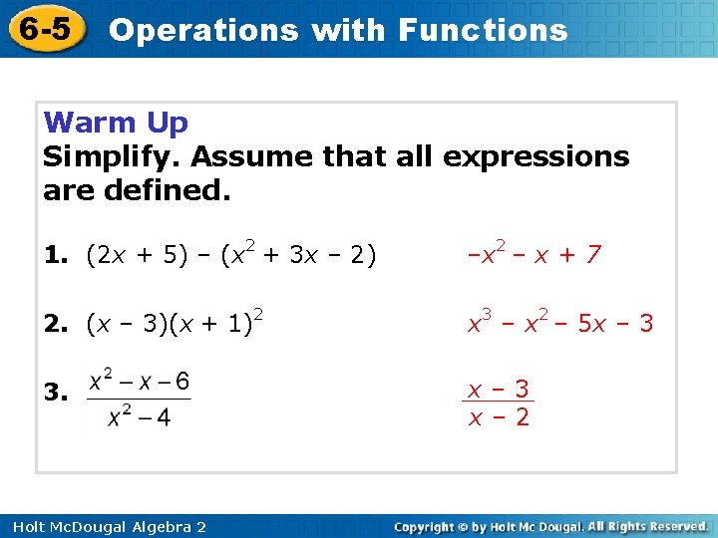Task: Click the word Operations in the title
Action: (x=203, y=30)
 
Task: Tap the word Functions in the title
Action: (x=483, y=30)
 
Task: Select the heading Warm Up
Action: (x=117, y=124)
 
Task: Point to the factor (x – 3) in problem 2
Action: (x=131, y=323)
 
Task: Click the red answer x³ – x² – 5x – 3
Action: (x=560, y=323)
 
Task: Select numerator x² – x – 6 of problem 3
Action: (x=139, y=381)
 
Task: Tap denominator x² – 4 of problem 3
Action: (x=139, y=417)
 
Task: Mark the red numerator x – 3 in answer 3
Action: (x=499, y=388)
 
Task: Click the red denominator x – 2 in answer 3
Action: (x=499, y=416)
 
